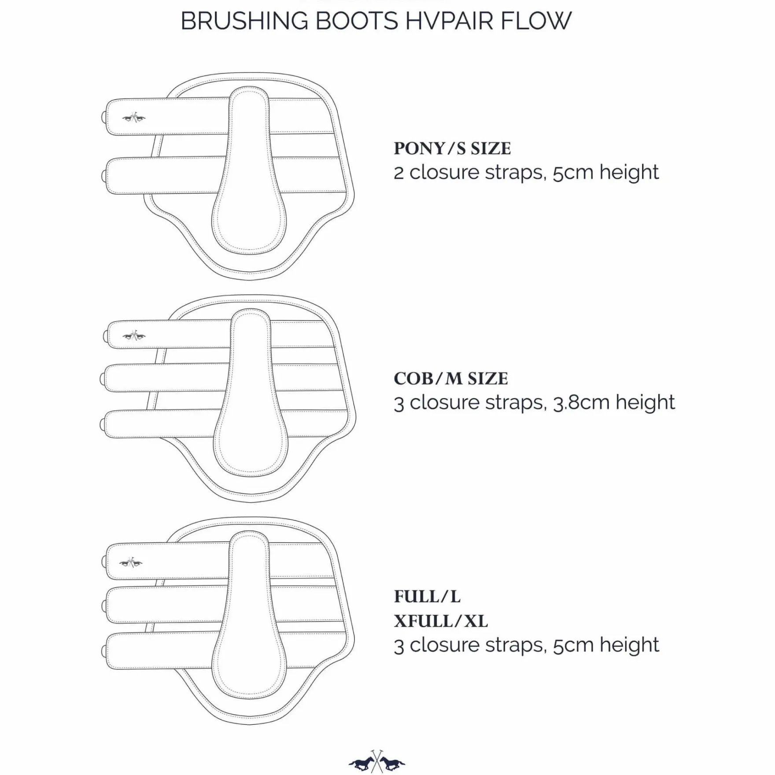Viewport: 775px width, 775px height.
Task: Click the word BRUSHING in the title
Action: pos(244,21)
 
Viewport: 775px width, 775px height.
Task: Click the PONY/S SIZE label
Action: pos(452,149)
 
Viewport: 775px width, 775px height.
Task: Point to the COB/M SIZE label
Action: pos(451,379)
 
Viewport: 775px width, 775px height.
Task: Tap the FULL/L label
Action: pos(427,597)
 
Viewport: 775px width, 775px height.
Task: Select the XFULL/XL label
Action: pos(441,621)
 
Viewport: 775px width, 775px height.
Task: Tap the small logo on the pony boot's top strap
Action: pos(134,118)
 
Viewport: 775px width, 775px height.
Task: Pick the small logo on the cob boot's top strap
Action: pos(134,336)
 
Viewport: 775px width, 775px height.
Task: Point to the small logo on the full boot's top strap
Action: pos(131,562)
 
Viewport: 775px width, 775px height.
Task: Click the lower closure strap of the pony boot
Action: pos(165,175)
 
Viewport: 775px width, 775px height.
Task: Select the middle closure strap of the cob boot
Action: pos(165,378)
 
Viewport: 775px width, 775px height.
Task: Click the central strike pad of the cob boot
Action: pos(251,392)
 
